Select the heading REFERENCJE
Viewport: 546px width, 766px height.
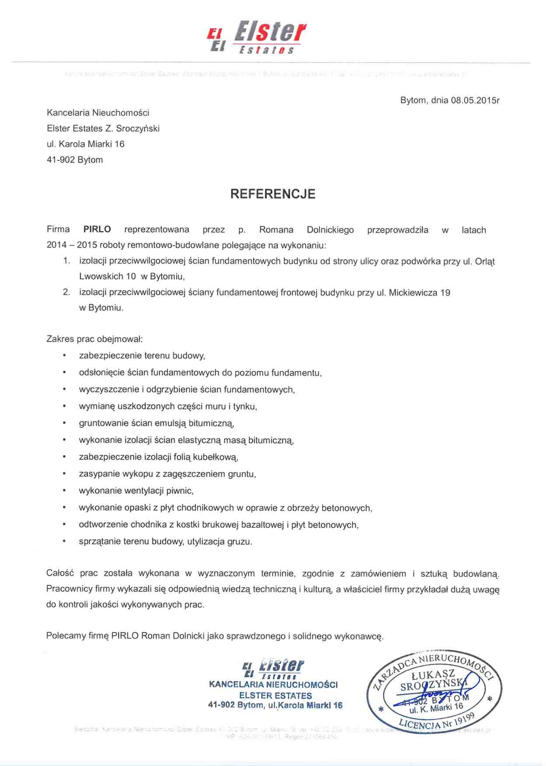[x=273, y=194]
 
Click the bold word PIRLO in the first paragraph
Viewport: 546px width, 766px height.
[x=97, y=230]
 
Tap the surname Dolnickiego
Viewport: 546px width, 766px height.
[x=330, y=230]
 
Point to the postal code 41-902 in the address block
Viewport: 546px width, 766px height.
[x=60, y=160]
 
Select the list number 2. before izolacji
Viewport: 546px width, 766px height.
[x=66, y=292]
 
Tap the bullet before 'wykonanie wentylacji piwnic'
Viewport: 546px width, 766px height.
[x=64, y=491]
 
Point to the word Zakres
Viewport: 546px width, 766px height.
[x=60, y=339]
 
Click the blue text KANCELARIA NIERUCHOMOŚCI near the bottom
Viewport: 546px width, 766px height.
[x=273, y=685]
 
